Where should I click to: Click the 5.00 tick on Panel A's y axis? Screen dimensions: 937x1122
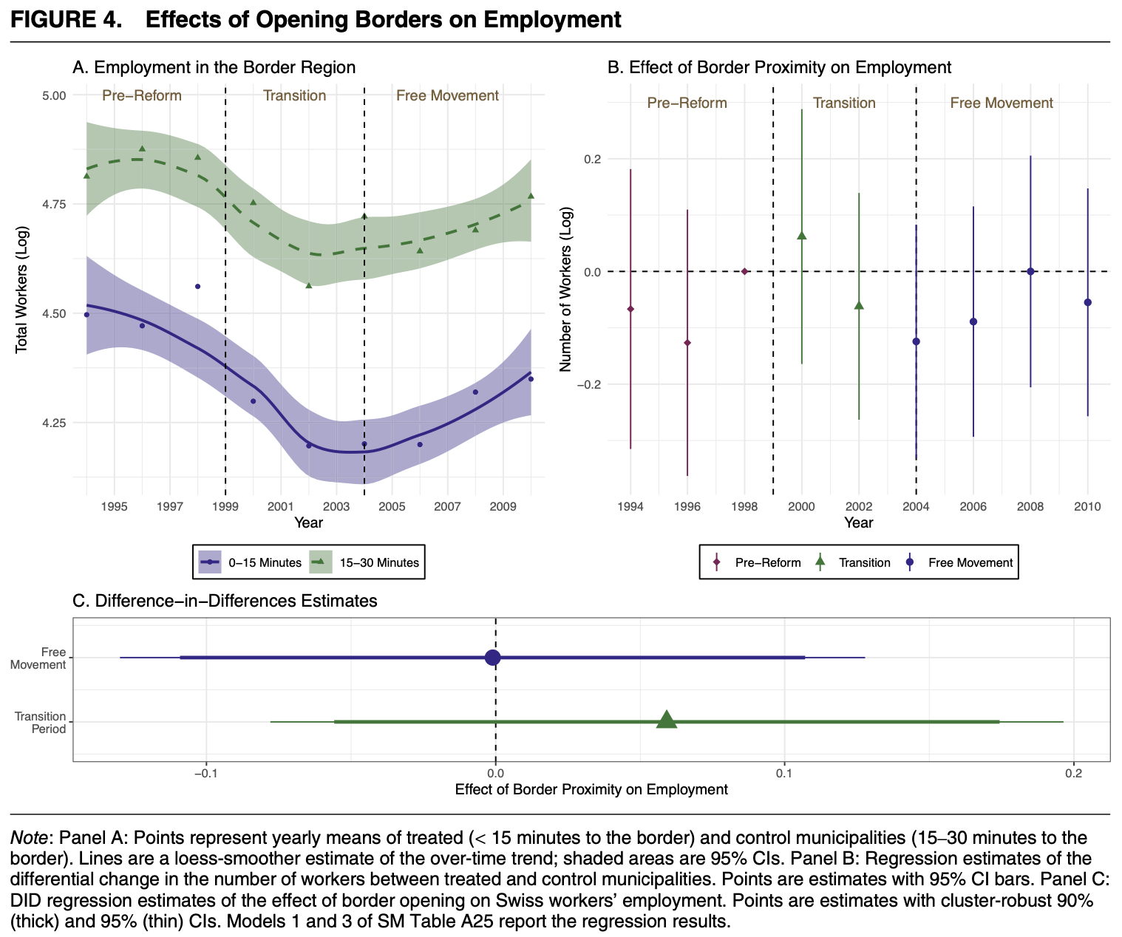click(55, 95)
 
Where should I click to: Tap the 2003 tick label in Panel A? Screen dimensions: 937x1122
click(336, 507)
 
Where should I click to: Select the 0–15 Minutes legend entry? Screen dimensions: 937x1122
click(251, 562)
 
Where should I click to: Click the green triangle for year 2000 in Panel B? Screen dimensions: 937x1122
click(801, 235)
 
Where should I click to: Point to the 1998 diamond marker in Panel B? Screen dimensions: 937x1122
click(744, 271)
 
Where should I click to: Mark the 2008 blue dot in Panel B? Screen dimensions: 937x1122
click(1030, 271)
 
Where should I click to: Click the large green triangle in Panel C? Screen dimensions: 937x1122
click(667, 720)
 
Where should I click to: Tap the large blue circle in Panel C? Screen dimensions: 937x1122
click(493, 657)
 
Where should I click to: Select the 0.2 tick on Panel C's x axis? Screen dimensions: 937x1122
click(1073, 773)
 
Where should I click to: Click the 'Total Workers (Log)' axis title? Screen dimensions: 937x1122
click(21, 287)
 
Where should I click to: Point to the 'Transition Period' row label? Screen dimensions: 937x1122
click(41, 722)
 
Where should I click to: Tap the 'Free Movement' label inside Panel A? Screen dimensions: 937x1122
click(447, 95)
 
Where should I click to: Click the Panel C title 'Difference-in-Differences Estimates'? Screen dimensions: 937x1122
click(225, 601)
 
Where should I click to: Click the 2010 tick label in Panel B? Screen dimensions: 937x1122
click(1087, 507)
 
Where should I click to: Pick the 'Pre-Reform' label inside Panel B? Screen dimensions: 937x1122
click(687, 103)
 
